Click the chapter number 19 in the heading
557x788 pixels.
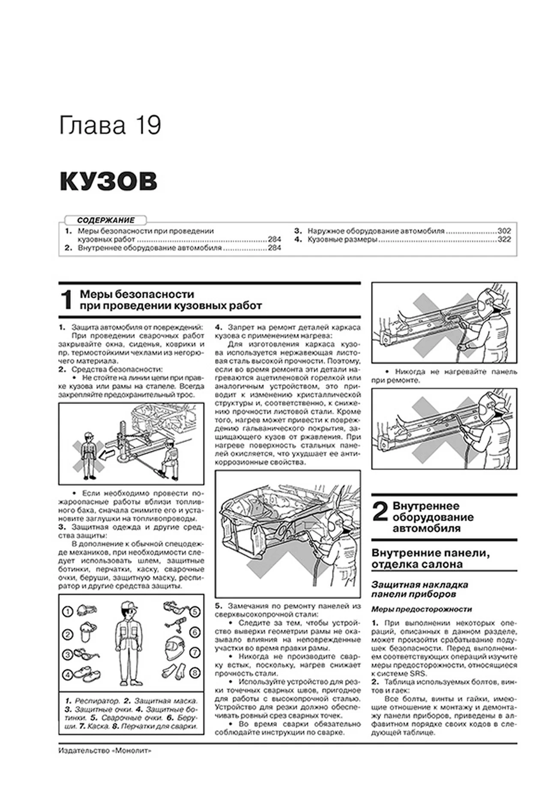point(149,126)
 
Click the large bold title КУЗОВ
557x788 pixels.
point(108,181)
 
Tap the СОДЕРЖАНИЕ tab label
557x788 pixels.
point(106,220)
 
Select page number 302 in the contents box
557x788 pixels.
point(504,231)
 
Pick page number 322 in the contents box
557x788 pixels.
point(504,240)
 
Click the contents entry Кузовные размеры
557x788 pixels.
point(342,240)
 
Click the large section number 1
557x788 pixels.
point(67,300)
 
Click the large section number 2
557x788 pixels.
point(380,512)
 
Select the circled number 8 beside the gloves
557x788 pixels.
point(195,672)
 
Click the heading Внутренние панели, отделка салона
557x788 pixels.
point(431,558)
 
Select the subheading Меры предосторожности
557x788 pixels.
point(421,609)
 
